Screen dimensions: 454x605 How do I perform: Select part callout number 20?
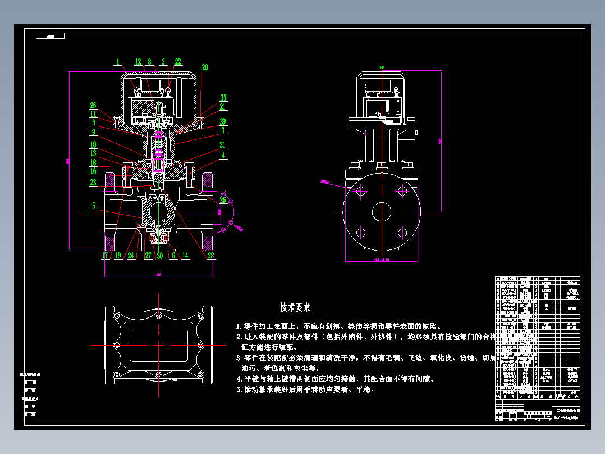(x=205, y=67)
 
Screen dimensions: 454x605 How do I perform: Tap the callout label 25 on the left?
(x=93, y=105)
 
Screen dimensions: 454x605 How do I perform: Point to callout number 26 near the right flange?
(x=223, y=199)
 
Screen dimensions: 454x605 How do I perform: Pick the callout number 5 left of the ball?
(x=94, y=206)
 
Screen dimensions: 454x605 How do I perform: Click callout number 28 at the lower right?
(x=211, y=256)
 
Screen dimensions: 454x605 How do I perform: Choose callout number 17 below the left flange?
(x=104, y=256)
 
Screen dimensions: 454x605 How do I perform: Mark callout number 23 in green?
(x=93, y=182)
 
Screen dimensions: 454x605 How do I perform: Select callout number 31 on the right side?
(x=223, y=144)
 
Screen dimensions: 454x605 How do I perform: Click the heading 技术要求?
(x=295, y=307)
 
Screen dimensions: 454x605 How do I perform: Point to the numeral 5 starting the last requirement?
(x=239, y=389)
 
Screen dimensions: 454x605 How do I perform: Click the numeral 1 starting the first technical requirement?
(x=239, y=326)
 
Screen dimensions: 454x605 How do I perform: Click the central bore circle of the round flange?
(x=382, y=212)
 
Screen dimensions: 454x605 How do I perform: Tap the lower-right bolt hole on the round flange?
(x=402, y=232)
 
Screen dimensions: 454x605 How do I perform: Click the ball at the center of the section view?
(x=159, y=213)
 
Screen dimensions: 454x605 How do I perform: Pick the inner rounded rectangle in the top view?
(x=159, y=343)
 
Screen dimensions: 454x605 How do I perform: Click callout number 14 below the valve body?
(x=186, y=256)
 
